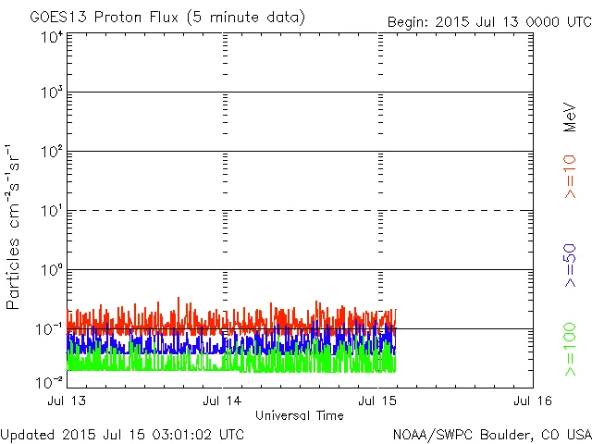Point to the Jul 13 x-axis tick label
pos(67,401)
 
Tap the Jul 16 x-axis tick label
pos(533,401)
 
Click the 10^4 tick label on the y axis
pos(51,37)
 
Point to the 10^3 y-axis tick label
pos(51,92)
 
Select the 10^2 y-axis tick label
pos(51,152)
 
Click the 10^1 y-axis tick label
pos(51,211)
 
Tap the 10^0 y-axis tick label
pos(51,270)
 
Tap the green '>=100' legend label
pos(570,349)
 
